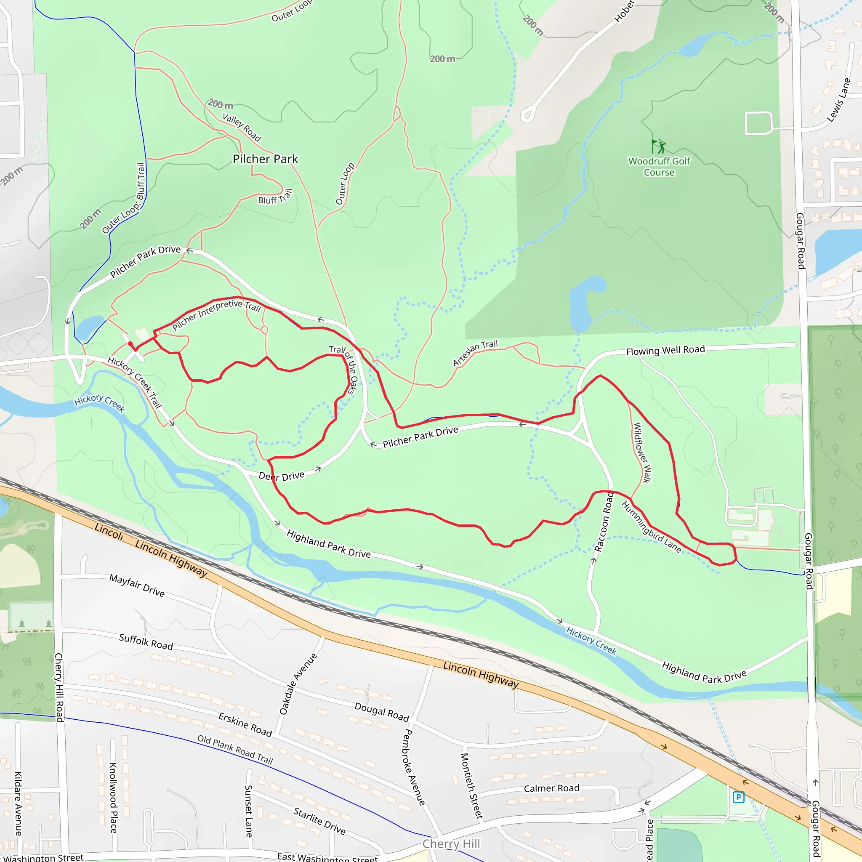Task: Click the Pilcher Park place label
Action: (265, 159)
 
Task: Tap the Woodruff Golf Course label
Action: (659, 166)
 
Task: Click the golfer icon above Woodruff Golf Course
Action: (659, 146)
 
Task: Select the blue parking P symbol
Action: (738, 797)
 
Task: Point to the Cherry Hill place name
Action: (451, 844)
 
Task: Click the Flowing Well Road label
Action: (665, 350)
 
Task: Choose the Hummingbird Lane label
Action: (652, 527)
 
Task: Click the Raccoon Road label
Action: (604, 522)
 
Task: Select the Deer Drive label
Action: (282, 476)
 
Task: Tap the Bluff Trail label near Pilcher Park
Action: (275, 197)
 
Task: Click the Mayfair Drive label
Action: (137, 585)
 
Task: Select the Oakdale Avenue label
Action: (298, 684)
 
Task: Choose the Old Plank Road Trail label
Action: (235, 750)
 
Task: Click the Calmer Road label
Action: (551, 788)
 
